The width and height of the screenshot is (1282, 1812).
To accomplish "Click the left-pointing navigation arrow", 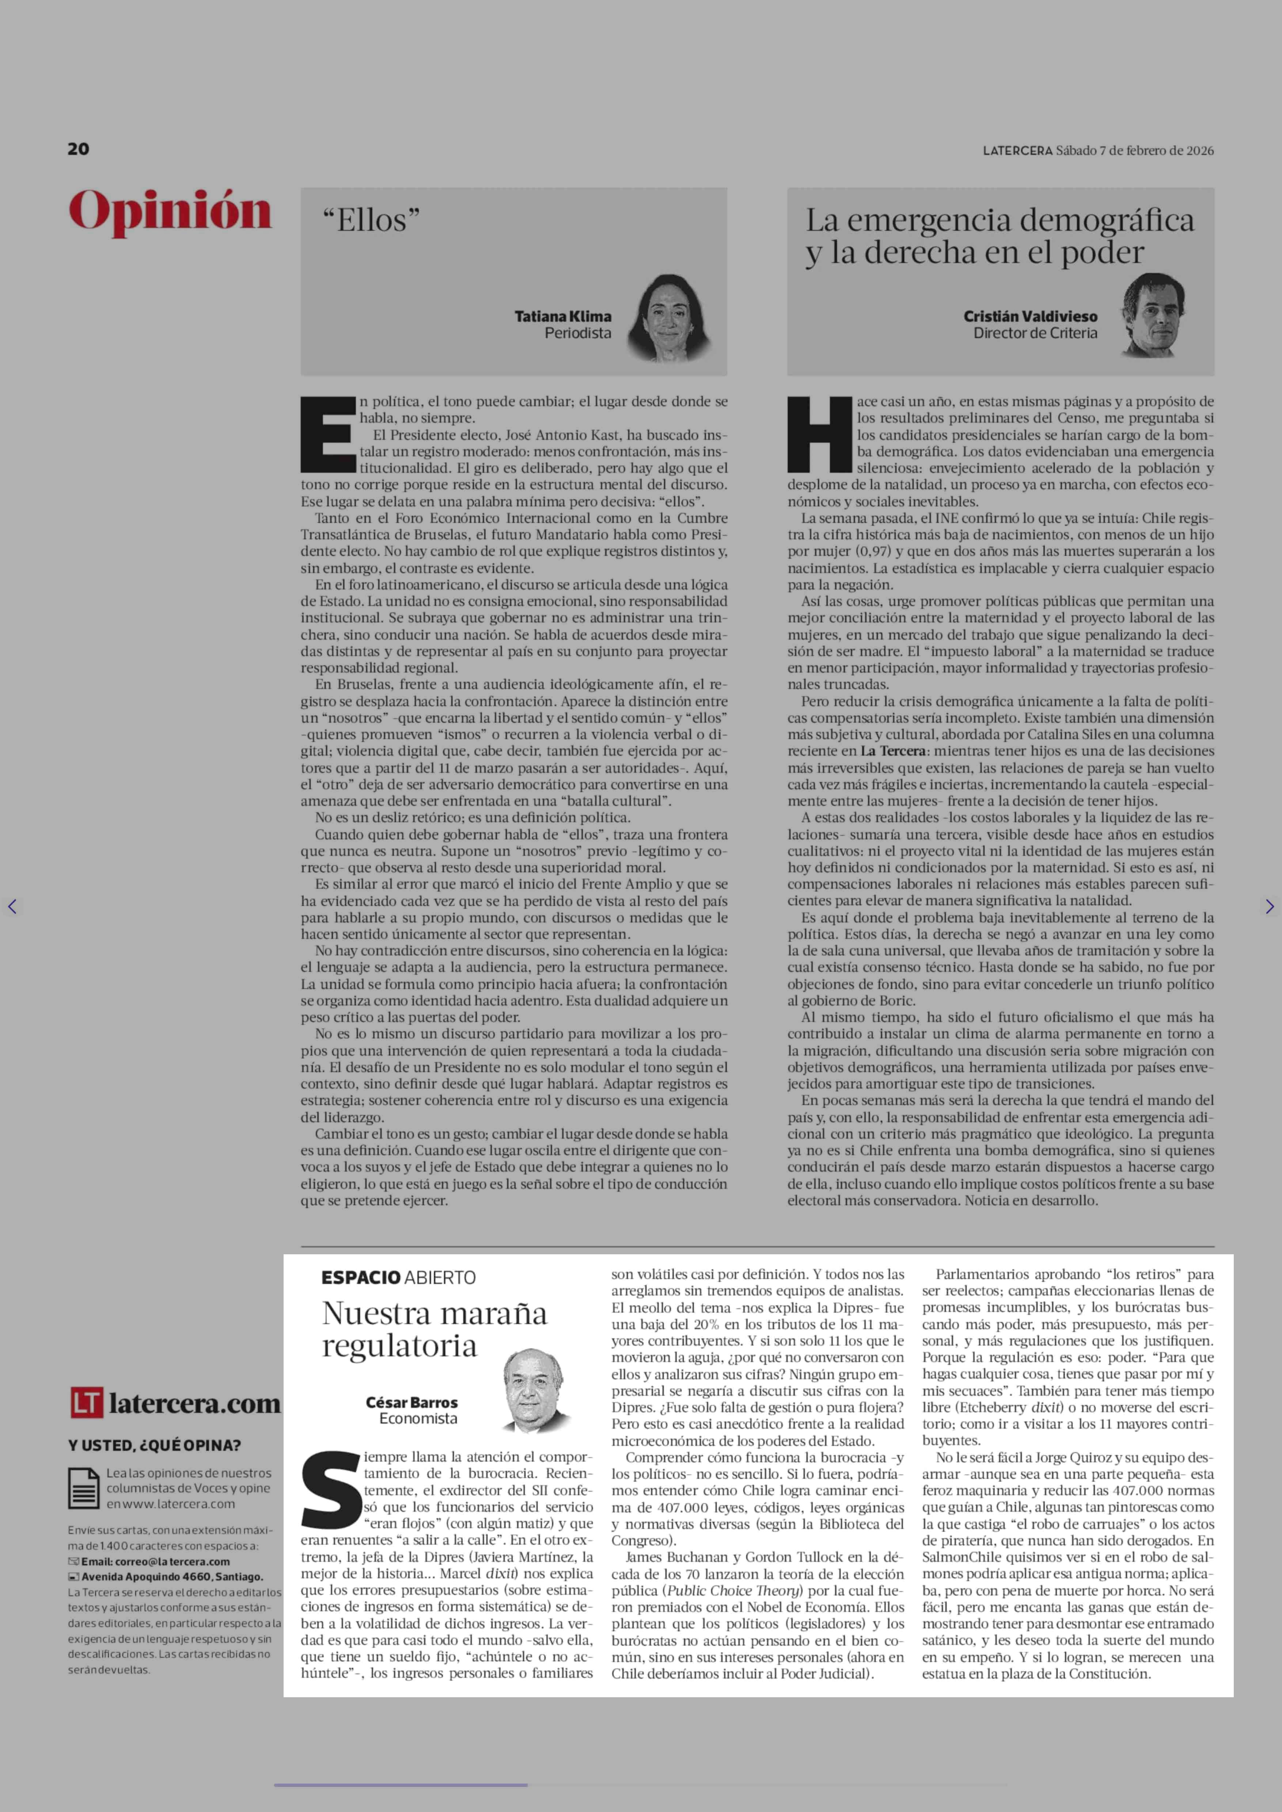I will (x=12, y=906).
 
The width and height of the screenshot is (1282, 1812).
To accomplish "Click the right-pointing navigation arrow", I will (x=1269, y=906).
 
